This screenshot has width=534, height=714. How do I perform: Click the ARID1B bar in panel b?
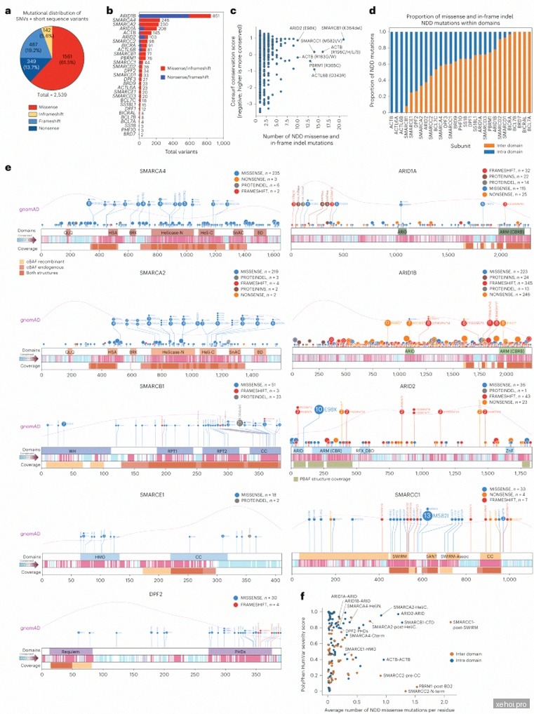tap(168, 15)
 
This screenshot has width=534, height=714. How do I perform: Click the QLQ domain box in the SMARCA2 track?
tap(69, 351)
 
